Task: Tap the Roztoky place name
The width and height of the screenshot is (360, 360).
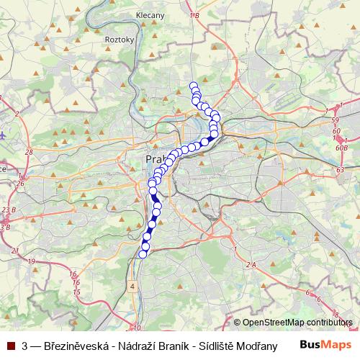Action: pos(120,40)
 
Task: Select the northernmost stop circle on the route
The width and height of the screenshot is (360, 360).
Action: pos(193,86)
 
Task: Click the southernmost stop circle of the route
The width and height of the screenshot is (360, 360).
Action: pos(143,253)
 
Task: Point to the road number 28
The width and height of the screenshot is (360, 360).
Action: pos(29,152)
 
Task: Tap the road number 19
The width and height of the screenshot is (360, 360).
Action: pos(31,261)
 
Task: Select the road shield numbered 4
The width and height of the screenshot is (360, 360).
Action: pos(132,287)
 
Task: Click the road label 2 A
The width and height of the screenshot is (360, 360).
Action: pos(251,265)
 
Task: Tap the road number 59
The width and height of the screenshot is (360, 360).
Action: pos(333,120)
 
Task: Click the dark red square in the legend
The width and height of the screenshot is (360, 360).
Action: pos(11,346)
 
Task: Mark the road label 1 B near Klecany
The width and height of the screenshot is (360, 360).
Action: pos(193,14)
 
